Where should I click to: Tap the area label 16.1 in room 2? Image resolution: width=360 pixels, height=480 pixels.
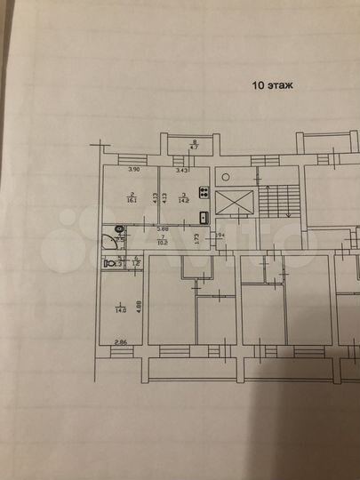132,200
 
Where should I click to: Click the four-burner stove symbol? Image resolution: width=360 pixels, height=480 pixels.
204,192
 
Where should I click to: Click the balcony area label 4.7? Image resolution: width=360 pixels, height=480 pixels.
196,148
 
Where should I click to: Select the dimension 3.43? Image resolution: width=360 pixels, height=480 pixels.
183,170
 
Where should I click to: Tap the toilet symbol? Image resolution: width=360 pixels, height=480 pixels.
107,264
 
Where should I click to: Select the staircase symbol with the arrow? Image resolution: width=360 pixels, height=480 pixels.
283,201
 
